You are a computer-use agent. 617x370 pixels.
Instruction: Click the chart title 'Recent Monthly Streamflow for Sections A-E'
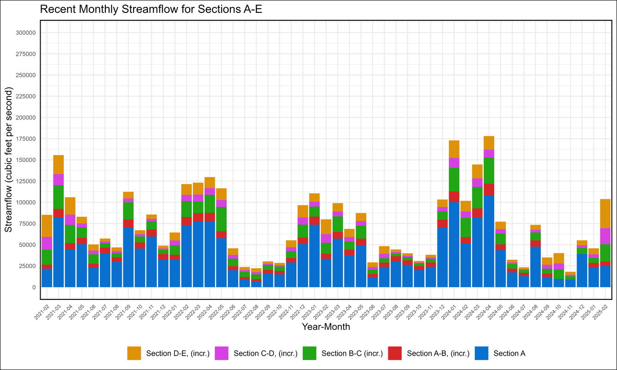click(x=151, y=10)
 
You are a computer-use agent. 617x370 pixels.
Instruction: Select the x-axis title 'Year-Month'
click(x=326, y=327)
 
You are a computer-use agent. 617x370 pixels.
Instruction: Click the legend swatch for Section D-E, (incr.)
click(x=134, y=353)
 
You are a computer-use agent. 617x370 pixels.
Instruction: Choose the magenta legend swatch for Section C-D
click(x=222, y=353)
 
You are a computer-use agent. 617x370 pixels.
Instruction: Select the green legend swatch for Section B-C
click(x=309, y=353)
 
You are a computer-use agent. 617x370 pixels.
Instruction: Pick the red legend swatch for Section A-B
click(x=395, y=353)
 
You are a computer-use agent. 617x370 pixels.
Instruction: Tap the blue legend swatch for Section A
click(x=482, y=353)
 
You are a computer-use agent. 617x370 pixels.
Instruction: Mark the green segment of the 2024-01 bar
click(x=454, y=179)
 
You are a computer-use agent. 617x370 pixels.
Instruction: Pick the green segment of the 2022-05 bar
click(x=222, y=219)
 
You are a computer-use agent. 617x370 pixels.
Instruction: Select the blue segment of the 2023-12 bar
click(x=442, y=257)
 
